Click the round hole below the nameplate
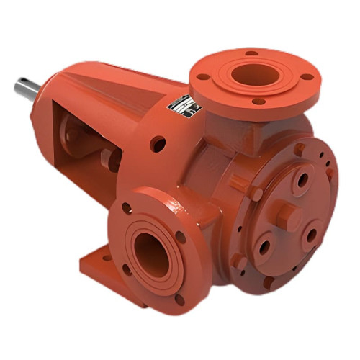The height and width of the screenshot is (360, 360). coord(156,144)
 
